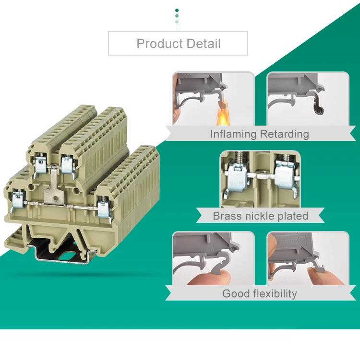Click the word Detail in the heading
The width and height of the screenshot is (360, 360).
tap(202, 44)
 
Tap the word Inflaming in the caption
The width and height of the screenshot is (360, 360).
tap(233, 134)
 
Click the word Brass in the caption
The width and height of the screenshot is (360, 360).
tap(228, 216)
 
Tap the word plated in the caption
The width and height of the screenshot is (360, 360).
tap(292, 216)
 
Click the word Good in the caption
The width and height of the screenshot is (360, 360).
tap(236, 293)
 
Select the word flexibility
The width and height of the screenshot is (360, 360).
tap(275, 293)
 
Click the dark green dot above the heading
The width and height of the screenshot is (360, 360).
tap(177, 10)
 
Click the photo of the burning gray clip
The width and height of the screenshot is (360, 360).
tap(213, 99)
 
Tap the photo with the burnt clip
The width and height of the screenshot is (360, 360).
tap(308, 99)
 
